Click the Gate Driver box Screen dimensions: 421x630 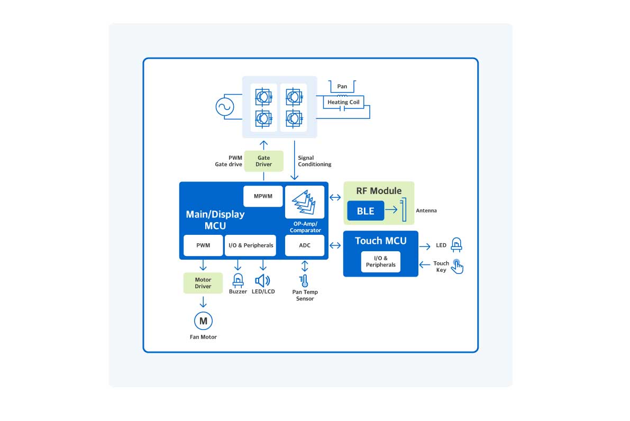click(264, 161)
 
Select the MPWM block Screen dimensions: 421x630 click(263, 196)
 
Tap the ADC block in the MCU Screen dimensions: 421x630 click(305, 245)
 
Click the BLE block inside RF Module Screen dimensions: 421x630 click(366, 211)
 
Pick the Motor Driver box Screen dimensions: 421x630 click(203, 283)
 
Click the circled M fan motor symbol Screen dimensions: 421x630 click(203, 321)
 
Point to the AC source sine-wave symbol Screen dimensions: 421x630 click(224, 107)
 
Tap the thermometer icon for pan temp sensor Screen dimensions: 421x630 click(304, 281)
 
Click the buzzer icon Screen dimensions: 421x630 click(238, 280)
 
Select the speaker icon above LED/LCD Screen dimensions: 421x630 click(262, 281)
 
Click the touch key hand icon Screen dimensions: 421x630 click(457, 267)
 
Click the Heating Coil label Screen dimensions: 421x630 click(343, 102)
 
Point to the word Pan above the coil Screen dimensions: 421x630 click(342, 86)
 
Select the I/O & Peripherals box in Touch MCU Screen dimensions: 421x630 click(381, 261)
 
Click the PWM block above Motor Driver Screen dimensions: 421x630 click(203, 245)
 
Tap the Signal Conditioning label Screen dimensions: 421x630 click(314, 161)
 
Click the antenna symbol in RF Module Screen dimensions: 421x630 click(404, 211)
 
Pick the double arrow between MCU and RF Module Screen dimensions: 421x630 click(335, 198)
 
